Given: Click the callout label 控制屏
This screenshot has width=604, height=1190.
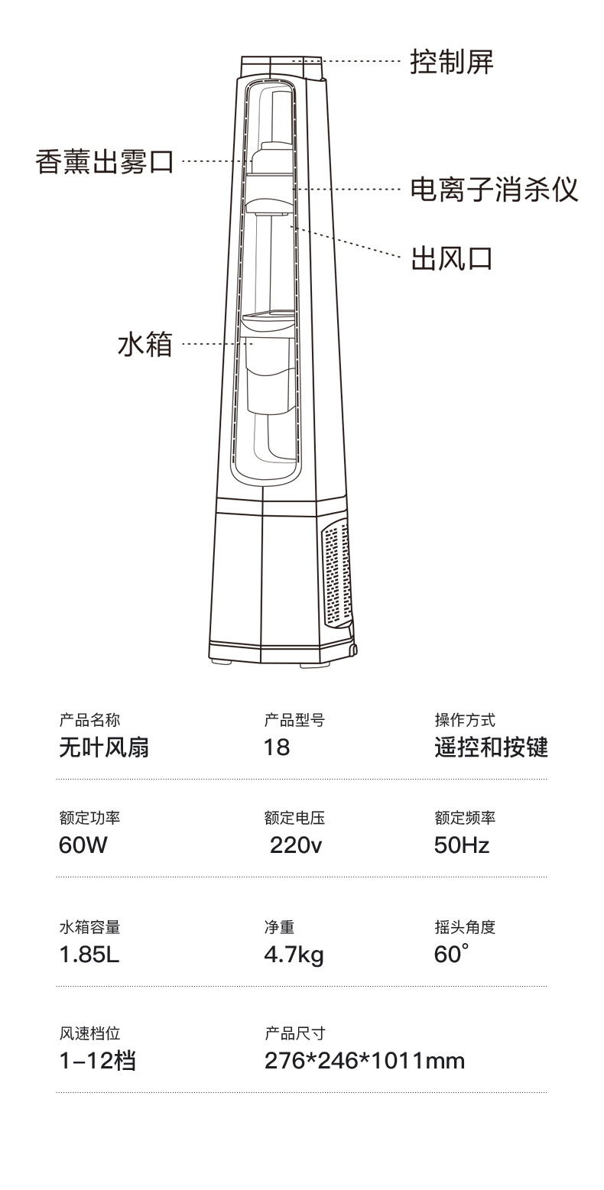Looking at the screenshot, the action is (452, 61).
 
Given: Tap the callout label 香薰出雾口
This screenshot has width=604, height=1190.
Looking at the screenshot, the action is (105, 162).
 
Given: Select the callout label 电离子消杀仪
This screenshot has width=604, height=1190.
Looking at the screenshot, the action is (494, 189).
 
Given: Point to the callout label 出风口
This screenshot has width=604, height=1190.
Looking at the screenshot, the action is (452, 258).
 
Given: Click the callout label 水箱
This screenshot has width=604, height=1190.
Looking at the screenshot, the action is (145, 344).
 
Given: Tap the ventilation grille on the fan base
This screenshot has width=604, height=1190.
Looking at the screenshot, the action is (336, 573).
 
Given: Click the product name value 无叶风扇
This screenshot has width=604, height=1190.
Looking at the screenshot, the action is (104, 747).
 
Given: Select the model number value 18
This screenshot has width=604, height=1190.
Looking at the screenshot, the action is (277, 747).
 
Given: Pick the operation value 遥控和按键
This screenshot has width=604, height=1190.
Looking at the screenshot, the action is (491, 747).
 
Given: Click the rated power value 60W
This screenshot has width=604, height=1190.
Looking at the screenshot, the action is (82, 845).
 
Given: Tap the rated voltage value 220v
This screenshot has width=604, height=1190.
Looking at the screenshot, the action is (296, 845).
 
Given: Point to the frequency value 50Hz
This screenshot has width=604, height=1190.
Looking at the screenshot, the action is (462, 845).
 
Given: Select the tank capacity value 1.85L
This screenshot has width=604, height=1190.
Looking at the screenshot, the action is (89, 955).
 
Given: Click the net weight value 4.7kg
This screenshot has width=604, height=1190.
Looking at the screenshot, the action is (294, 955).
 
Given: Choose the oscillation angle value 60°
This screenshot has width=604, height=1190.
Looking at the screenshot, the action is (451, 955).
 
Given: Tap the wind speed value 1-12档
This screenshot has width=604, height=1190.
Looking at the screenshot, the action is (98, 1061).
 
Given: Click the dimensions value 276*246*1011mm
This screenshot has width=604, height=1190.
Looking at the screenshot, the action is (365, 1061).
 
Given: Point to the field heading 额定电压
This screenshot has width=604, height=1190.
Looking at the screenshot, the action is (294, 819).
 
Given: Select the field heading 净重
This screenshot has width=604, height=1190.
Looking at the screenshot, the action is (279, 927).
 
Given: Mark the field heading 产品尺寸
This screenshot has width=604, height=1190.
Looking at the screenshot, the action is (294, 1033).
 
